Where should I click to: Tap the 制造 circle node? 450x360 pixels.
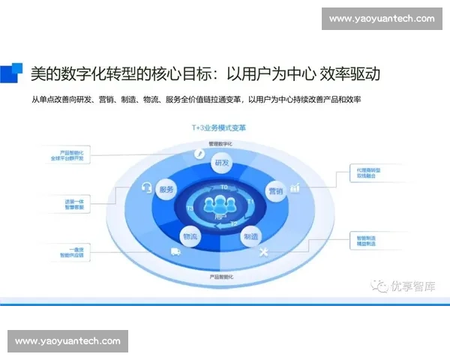tap(251, 235)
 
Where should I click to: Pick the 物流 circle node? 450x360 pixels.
tap(190, 236)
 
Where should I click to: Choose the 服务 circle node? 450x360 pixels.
tap(167, 190)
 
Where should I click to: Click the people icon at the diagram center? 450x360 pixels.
tap(220, 204)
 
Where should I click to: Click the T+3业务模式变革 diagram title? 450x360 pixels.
tap(218, 128)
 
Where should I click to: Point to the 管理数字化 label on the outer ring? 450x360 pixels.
tap(220, 142)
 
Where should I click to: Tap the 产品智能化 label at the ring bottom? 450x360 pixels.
tap(221, 277)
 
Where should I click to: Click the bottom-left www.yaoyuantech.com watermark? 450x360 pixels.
tap(67, 341)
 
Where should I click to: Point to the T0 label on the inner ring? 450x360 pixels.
tap(223, 187)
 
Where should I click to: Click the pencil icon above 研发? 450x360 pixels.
tap(199, 154)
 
